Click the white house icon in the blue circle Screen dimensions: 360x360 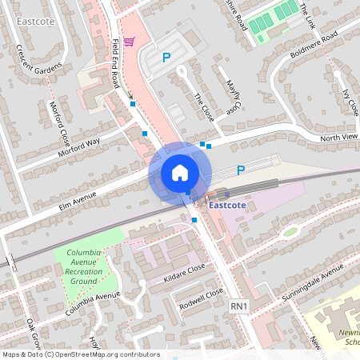[x=180, y=172]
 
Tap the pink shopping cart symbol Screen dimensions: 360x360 [x=129, y=41]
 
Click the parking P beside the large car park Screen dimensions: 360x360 [x=166, y=57]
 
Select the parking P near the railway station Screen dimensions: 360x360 [x=241, y=170]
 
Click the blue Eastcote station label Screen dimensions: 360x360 [x=226, y=205]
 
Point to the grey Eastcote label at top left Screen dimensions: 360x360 [x=34, y=22]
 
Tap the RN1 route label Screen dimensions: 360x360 [x=239, y=306]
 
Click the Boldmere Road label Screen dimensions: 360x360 [x=314, y=45]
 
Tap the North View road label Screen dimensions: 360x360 [x=340, y=137]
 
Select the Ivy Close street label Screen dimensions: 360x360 [x=349, y=102]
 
